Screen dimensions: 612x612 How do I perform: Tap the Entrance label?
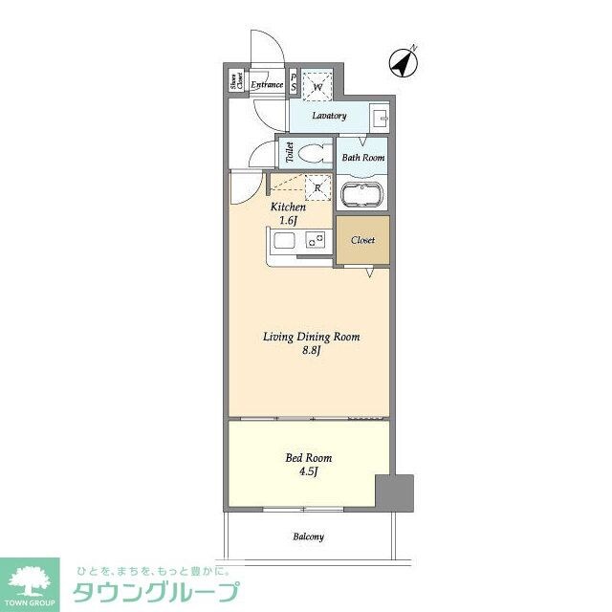(267, 85)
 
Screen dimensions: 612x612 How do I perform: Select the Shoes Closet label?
(235, 83)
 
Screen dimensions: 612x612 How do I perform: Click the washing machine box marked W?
(317, 84)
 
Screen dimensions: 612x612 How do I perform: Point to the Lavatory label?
(328, 116)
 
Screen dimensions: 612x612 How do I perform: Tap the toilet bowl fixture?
(310, 153)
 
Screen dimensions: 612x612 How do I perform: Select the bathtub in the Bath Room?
(361, 195)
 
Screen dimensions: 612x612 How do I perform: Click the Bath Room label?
(362, 158)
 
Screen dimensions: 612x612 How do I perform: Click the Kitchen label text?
(288, 207)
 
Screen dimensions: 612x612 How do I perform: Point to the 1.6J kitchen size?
(288, 221)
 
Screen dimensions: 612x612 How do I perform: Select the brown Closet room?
(362, 240)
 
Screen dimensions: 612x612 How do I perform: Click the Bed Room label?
(309, 458)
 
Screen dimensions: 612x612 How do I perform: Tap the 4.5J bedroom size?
(309, 473)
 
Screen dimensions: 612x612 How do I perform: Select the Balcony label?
(308, 536)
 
